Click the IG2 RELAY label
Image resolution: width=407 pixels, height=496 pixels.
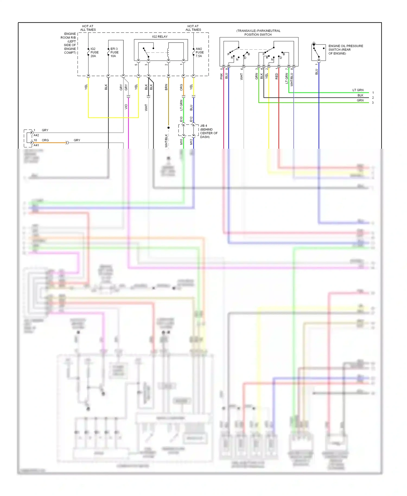click(x=160, y=37)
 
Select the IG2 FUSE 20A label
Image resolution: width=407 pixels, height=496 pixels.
click(x=94, y=52)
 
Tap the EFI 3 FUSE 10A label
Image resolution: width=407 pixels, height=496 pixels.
click(x=114, y=52)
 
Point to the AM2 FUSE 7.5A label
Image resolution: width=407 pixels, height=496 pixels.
click(x=199, y=52)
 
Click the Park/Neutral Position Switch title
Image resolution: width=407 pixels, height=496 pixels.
click(x=258, y=33)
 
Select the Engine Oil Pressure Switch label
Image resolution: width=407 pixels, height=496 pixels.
click(x=345, y=50)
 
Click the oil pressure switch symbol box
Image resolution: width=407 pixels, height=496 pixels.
click(x=319, y=52)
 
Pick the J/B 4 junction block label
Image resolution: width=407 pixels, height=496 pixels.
click(x=208, y=131)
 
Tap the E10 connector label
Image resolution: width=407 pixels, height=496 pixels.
click(x=181, y=119)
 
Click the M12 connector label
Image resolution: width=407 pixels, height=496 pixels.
click(x=191, y=142)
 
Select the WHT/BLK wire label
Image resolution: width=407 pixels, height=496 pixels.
click(x=166, y=141)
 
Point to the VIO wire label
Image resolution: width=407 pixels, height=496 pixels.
click(x=126, y=107)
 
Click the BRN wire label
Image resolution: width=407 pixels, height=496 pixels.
click(x=166, y=87)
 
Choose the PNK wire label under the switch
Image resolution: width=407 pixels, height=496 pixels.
click(x=221, y=77)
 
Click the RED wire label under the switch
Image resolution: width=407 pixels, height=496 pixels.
click(x=276, y=77)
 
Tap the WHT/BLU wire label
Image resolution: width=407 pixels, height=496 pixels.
click(x=292, y=80)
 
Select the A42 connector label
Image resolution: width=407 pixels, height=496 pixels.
click(x=36, y=135)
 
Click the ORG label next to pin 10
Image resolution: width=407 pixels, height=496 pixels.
click(x=45, y=140)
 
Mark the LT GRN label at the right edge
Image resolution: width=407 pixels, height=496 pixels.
click(x=358, y=90)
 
